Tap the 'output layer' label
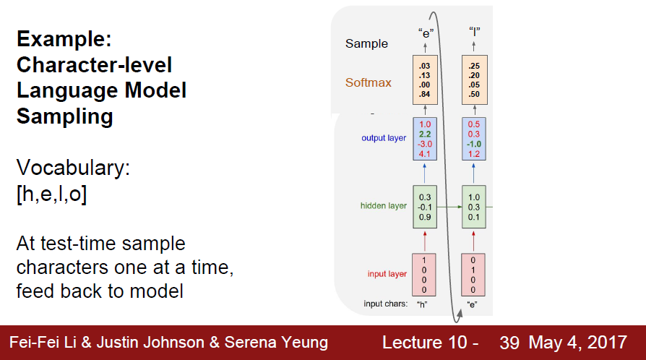click(384, 137)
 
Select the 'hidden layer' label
click(383, 206)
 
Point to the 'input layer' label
click(387, 274)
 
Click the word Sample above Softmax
click(366, 43)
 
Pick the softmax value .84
click(426, 93)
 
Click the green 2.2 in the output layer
click(426, 134)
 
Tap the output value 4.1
click(426, 154)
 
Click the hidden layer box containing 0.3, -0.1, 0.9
click(426, 206)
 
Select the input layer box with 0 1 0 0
click(473, 274)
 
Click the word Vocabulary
click(73, 169)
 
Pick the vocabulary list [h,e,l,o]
click(51, 195)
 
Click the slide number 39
click(509, 343)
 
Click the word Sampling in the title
click(64, 116)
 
